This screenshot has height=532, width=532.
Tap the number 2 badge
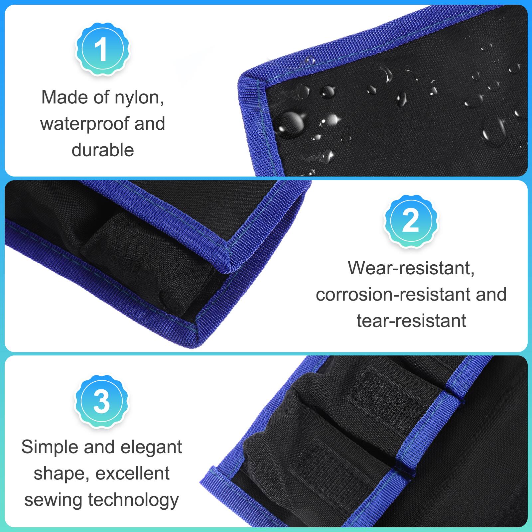[x=411, y=221]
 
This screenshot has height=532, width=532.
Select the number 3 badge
[x=102, y=402]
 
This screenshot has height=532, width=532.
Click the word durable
[x=103, y=150]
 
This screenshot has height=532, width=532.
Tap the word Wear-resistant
[x=411, y=268]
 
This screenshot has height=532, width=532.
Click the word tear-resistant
[x=411, y=321]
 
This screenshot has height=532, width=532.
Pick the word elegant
[x=151, y=448]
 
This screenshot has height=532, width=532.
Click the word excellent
[x=133, y=473]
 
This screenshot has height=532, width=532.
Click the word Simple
[x=50, y=448]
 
